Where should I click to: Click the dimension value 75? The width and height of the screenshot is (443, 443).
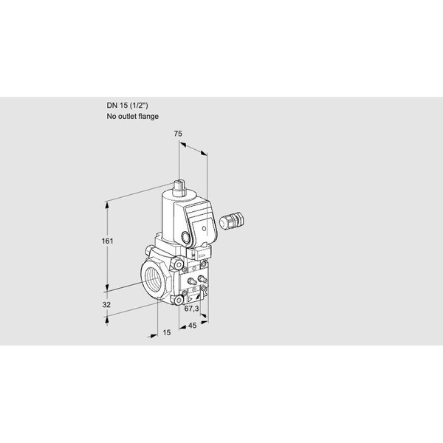pos(178,134)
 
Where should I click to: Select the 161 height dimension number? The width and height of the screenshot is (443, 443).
pos(107,241)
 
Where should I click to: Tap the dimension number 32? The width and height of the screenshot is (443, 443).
pos(106,305)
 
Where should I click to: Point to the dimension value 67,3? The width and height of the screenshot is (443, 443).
pos(191,309)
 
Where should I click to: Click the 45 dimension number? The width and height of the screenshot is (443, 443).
pos(192,326)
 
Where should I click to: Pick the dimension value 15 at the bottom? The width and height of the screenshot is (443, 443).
pos(167,332)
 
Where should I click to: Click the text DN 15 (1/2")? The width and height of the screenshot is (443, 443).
pos(127,106)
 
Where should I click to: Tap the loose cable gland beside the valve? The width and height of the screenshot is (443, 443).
pos(232,219)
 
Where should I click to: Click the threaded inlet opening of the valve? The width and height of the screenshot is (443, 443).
pos(153,279)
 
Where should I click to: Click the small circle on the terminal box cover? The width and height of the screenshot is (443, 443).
pos(205,228)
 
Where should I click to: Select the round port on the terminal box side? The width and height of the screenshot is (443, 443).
pos(185,237)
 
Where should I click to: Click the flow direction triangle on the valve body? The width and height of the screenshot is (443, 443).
pos(190,298)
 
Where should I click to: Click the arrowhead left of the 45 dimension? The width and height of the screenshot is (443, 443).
pos(182,327)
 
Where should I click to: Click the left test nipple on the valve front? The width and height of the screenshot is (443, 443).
pos(193,281)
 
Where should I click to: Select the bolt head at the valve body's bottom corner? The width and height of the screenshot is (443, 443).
pos(179,300)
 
